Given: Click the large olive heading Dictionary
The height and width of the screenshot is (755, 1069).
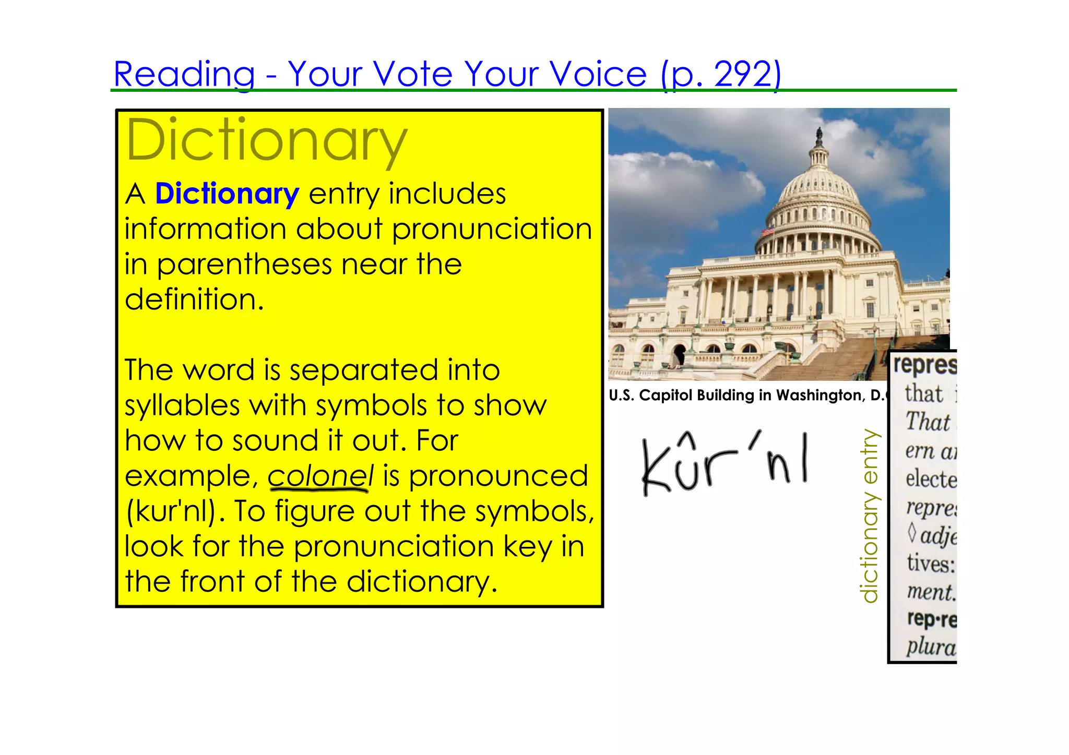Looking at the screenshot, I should [266, 141].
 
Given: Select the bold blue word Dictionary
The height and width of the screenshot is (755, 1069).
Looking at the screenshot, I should [227, 194].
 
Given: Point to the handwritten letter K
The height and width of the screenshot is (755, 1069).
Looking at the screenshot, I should [656, 467].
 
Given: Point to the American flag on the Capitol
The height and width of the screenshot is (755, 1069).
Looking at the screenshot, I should [767, 232].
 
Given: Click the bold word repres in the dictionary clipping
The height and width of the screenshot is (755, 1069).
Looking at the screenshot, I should [924, 365].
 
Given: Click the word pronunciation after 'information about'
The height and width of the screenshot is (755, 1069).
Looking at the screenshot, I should [492, 230].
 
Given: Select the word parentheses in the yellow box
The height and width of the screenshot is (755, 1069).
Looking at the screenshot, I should [244, 265].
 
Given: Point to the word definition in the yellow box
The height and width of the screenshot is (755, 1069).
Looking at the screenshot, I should [194, 300].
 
